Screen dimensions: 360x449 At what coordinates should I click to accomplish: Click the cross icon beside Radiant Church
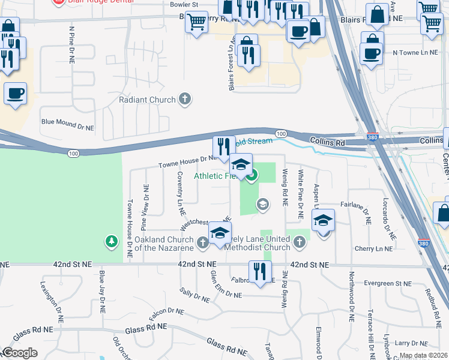click(x=185, y=100)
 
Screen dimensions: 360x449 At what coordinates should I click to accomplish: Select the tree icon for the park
click(x=111, y=241)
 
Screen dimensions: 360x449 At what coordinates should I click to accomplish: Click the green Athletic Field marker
click(x=252, y=176)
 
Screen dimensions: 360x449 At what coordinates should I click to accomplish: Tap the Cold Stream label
click(x=253, y=141)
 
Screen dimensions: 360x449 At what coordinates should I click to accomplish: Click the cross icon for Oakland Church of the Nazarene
click(x=203, y=242)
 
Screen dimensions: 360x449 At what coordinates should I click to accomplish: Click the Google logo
click(x=20, y=353)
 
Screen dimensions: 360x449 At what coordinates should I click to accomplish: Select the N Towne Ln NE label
click(x=413, y=53)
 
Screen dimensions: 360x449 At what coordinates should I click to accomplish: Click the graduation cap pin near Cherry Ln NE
click(x=323, y=220)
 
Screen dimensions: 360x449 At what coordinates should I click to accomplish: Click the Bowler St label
click(x=184, y=4)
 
